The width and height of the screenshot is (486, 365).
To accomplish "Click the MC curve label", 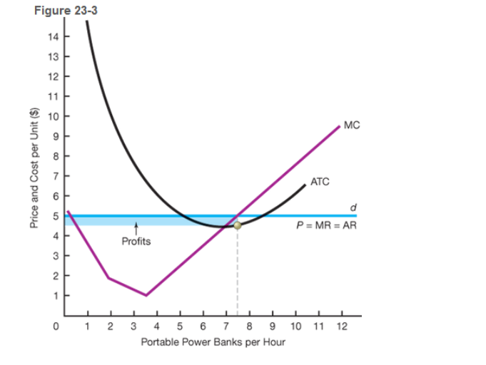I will [x=351, y=125].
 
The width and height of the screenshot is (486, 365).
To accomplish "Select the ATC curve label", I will [x=320, y=182].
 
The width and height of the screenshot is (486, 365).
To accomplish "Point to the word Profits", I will [x=136, y=241].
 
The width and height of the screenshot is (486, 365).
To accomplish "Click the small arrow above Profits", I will [x=136, y=230].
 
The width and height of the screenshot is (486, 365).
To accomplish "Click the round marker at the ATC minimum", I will [x=238, y=225].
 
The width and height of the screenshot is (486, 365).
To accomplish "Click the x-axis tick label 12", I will [x=340, y=326].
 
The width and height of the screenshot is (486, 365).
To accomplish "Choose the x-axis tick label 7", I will [x=226, y=326].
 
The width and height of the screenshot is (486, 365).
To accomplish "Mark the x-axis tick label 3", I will [x=133, y=326].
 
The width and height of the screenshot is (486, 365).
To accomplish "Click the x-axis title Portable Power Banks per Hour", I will [x=213, y=342].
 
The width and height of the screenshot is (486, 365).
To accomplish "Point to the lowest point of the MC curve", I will [x=146, y=295].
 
